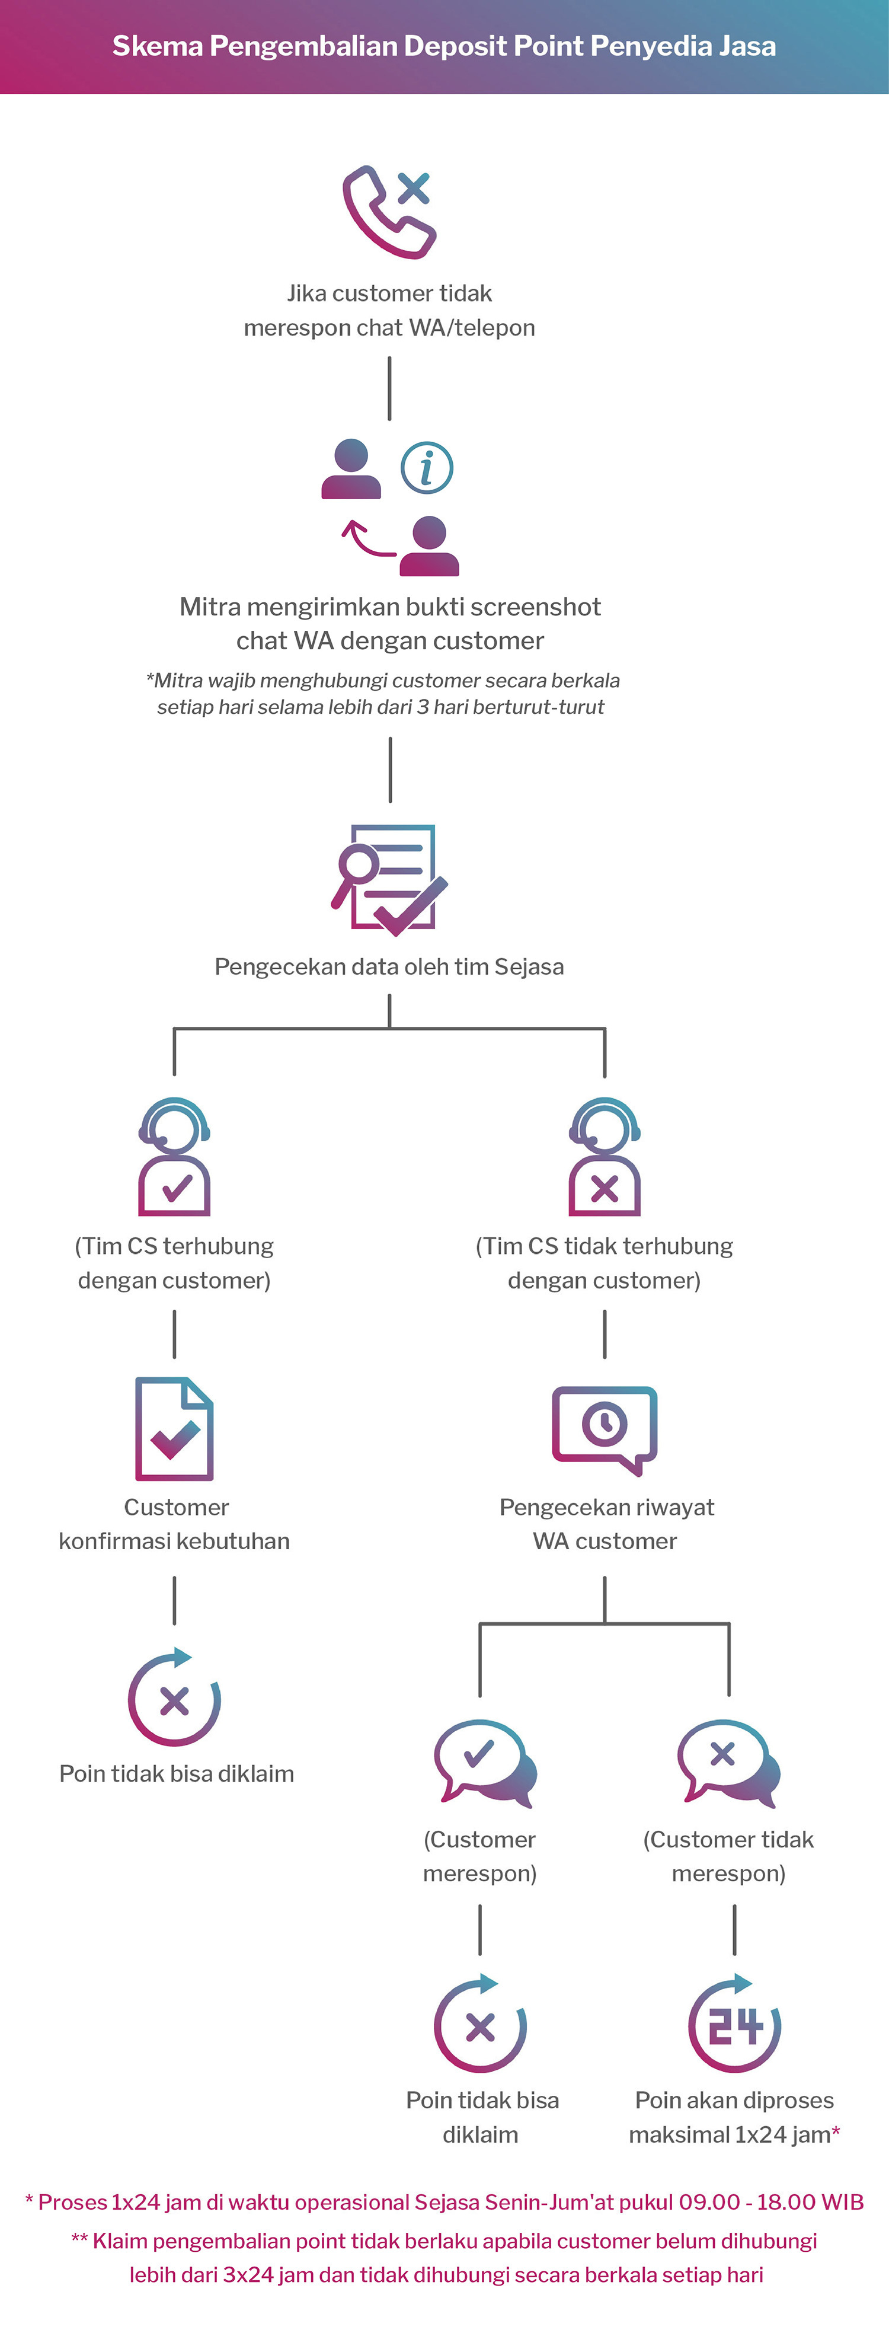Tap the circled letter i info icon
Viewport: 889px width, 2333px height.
[x=426, y=467]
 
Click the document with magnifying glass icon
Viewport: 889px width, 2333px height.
[x=389, y=879]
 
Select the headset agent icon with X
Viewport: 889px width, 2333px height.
[x=604, y=1157]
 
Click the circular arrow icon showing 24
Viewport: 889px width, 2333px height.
[x=734, y=2024]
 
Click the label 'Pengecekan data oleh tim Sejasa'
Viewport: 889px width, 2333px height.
[x=389, y=966]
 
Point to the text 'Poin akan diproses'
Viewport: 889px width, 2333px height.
[x=734, y=2100]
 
